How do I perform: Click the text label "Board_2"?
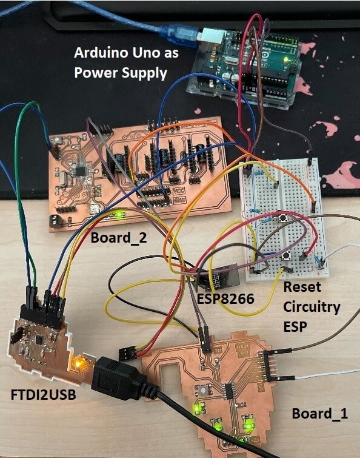[119, 238]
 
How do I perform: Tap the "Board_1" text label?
[320, 414]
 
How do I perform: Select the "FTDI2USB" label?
[44, 395]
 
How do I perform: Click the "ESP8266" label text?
[225, 298]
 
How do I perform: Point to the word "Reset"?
[302, 287]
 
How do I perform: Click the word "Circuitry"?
[312, 308]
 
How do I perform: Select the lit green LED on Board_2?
[119, 215]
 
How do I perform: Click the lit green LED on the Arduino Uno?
[285, 60]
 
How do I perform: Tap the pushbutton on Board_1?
[203, 389]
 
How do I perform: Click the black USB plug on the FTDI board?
[119, 377]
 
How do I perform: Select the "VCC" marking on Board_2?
[179, 191]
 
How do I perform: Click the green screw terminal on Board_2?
[55, 221]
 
